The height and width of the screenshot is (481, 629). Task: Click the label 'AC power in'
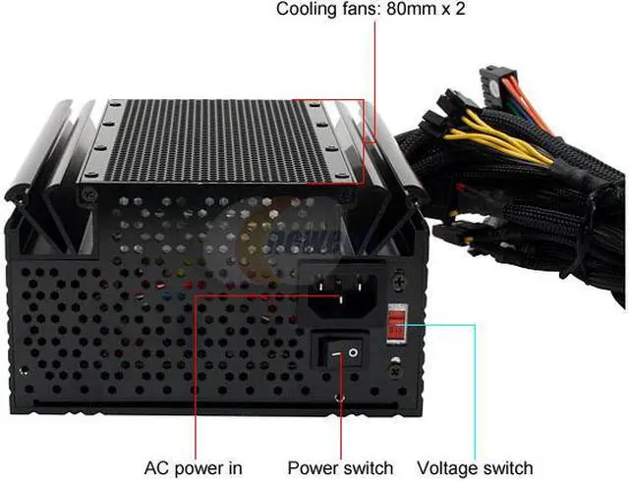(193, 468)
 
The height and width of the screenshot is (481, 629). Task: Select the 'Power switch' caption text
(340, 468)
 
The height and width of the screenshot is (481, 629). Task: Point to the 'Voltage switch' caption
(476, 468)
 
